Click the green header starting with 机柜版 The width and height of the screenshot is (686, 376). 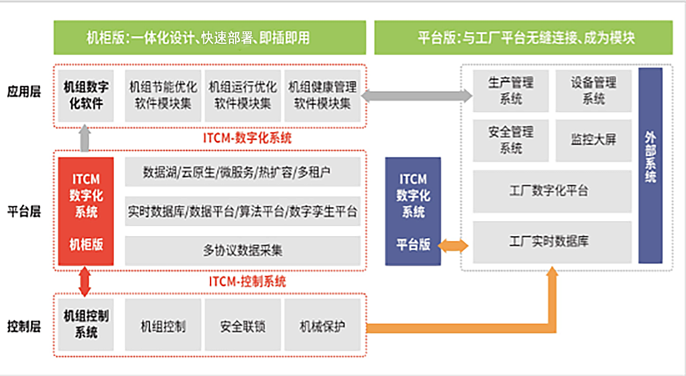point(209,37)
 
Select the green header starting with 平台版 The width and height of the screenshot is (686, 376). point(526,37)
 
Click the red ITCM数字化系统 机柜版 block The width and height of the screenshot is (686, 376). point(86,211)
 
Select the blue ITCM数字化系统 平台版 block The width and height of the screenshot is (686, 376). point(413,211)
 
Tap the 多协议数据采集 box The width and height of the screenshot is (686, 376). point(242,251)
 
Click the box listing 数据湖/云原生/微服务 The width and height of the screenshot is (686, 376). point(242,173)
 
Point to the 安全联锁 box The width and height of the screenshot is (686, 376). point(242,327)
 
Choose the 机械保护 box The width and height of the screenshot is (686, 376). point(323,327)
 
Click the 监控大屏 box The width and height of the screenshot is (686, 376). point(593,140)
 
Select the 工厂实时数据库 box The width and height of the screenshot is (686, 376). point(552,242)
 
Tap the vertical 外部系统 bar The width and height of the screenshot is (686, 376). point(650,165)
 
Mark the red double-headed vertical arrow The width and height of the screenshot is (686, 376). point(85,281)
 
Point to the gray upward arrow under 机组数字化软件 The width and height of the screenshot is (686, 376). point(85,138)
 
